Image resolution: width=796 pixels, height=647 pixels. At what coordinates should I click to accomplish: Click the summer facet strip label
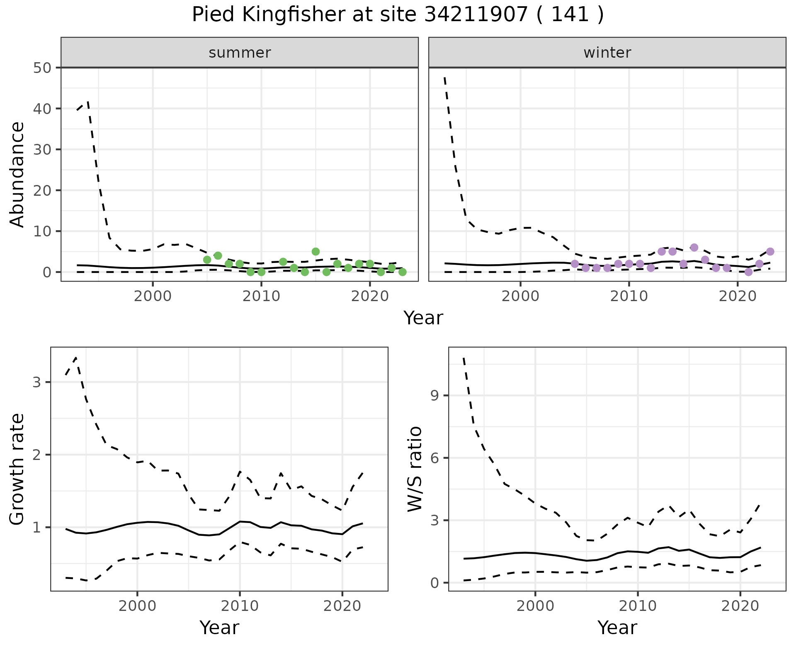pos(240,53)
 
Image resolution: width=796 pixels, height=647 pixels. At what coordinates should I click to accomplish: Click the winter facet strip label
pos(607,53)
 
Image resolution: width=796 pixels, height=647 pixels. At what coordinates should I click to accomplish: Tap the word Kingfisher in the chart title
pos(292,15)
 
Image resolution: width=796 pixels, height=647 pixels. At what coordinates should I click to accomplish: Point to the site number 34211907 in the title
pos(476,15)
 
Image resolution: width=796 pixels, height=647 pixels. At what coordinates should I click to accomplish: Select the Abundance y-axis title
pos(17,174)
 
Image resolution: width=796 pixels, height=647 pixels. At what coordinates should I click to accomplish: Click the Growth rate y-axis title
pos(17,469)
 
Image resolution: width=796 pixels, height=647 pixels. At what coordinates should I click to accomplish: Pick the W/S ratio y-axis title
pos(415,469)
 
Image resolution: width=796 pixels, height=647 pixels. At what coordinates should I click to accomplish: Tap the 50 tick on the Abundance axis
pos(41,68)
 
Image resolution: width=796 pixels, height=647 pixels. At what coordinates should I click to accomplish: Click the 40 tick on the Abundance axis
pos(41,109)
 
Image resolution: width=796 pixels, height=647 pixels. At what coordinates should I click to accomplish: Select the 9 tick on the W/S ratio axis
pos(434,395)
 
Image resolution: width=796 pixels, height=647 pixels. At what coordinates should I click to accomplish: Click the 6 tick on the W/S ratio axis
pos(434,458)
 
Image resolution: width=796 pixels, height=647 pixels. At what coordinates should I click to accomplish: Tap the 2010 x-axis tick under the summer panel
pos(261,297)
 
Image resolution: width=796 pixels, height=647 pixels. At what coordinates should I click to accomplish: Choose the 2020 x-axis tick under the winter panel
pos(738,297)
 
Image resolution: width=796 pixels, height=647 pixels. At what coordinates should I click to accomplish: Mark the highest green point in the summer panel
pos(315,251)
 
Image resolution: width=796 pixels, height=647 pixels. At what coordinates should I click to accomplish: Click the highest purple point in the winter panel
pos(694,248)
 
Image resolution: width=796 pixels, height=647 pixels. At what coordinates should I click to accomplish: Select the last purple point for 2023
pos(770,251)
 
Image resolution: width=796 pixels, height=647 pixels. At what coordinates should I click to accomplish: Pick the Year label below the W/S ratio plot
pos(617,628)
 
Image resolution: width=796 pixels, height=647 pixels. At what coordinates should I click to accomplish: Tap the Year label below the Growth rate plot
pos(219,628)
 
